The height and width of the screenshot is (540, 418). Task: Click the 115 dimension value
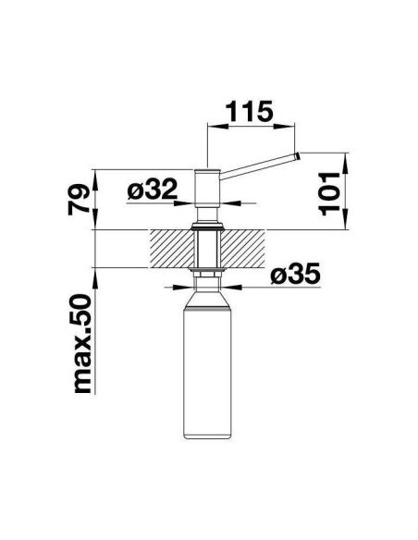point(250,111)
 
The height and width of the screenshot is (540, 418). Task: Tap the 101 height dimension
point(330,194)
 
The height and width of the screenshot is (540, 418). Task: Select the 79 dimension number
point(79,200)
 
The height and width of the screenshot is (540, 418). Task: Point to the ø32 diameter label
point(153,190)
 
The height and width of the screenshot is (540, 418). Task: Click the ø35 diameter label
point(296,274)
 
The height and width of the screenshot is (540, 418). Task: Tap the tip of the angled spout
point(297,156)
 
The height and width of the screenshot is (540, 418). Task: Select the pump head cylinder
point(207,188)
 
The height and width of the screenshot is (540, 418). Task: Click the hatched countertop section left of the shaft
point(171,249)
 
